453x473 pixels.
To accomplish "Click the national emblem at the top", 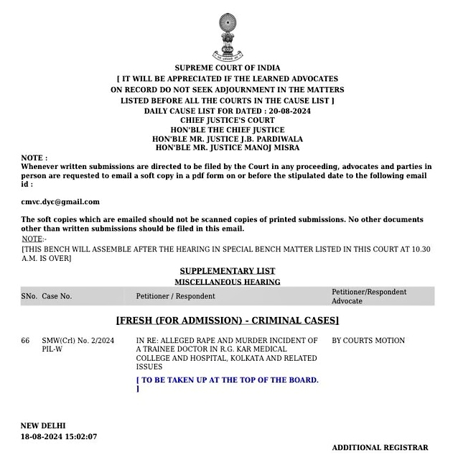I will pyautogui.click(x=227, y=35).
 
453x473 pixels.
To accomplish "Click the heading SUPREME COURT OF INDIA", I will pyautogui.click(x=227, y=68).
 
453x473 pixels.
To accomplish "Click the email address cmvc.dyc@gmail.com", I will pyautogui.click(x=60, y=202).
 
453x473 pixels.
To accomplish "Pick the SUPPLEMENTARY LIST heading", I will pyautogui.click(x=227, y=271).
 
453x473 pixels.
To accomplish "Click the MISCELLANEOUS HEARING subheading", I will pyautogui.click(x=227, y=283).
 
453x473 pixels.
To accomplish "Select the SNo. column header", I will pyautogui.click(x=29, y=296).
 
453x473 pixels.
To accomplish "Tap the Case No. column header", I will pyautogui.click(x=57, y=296).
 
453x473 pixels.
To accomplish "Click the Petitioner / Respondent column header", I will pyautogui.click(x=175, y=296).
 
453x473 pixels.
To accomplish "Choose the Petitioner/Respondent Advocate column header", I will pyautogui.click(x=368, y=296).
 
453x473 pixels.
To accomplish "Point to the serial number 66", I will pyautogui.click(x=26, y=341).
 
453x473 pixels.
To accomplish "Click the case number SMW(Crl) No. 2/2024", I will pyautogui.click(x=78, y=341).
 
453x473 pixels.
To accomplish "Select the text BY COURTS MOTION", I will pyautogui.click(x=368, y=341).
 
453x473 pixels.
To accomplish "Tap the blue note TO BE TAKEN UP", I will pyautogui.click(x=228, y=380).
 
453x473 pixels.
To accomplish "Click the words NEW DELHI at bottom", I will pyautogui.click(x=43, y=426).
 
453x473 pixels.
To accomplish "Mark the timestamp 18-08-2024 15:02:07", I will pyautogui.click(x=59, y=436).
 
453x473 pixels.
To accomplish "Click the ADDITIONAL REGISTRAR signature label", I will pyautogui.click(x=380, y=448).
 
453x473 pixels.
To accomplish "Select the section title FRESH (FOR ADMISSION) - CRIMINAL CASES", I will pyautogui.click(x=227, y=321).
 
